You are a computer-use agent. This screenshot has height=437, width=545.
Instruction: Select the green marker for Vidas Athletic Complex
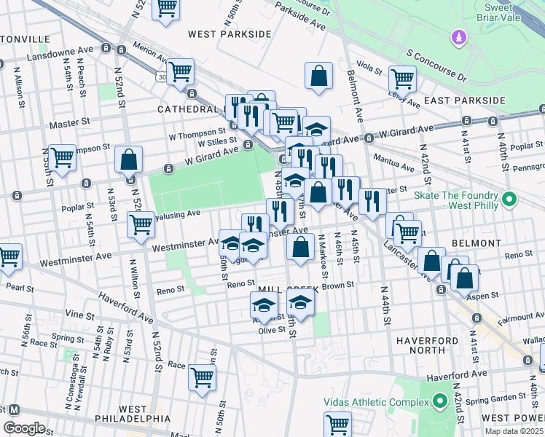(439, 401)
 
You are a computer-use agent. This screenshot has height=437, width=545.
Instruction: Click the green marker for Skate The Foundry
(509, 197)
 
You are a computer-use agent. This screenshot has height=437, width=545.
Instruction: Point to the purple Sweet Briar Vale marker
(458, 36)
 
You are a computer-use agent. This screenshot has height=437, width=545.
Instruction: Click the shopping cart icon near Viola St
(402, 78)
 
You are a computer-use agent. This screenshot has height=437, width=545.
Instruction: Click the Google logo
(25, 428)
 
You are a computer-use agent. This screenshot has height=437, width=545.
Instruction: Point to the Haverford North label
(428, 345)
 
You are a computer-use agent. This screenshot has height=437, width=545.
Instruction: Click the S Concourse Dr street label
(447, 66)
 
